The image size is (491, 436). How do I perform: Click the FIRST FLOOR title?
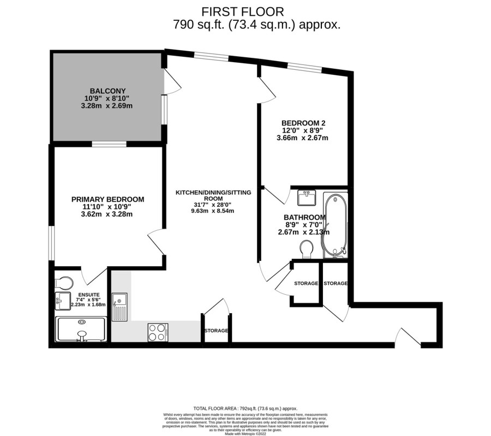pos(242,12)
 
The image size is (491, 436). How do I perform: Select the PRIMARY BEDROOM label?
pos(107,199)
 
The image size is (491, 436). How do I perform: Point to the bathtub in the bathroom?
pos(335,225)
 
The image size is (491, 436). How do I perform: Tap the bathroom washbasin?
pos(307,198)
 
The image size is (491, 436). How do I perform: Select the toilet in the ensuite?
pos(64,282)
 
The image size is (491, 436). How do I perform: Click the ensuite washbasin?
pos(63,301)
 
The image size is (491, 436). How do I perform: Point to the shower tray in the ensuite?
pos(81,329)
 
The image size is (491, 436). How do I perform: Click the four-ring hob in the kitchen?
pos(158,332)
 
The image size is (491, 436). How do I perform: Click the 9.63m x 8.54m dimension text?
pos(212,211)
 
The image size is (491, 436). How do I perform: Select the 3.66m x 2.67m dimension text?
pos(302,138)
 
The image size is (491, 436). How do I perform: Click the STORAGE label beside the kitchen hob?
pos(216,331)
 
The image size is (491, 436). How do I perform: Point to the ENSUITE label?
pos(89,295)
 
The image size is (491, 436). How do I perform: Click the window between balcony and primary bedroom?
pos(109,144)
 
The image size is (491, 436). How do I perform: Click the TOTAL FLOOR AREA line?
pos(245,408)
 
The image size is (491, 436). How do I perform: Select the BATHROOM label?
pos(304,217)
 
